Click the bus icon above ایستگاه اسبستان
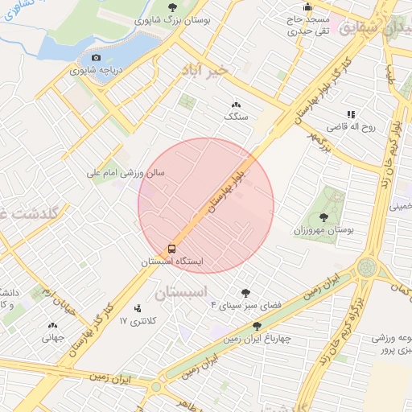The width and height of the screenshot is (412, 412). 172,249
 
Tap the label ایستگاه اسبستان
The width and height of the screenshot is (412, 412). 172,262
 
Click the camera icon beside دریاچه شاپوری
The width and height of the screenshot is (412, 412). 97,57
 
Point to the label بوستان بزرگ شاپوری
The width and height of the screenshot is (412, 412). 171,21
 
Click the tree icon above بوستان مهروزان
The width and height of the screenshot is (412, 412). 323,217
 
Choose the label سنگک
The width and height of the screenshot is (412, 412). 236,117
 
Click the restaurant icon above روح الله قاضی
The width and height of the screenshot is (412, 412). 350,115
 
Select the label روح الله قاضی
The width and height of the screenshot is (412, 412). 347,127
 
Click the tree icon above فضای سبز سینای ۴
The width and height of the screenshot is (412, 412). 245,293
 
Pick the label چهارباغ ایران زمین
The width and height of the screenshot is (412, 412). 257,338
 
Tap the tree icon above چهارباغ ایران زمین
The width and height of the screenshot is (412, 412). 257,326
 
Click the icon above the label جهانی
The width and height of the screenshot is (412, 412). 53,326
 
